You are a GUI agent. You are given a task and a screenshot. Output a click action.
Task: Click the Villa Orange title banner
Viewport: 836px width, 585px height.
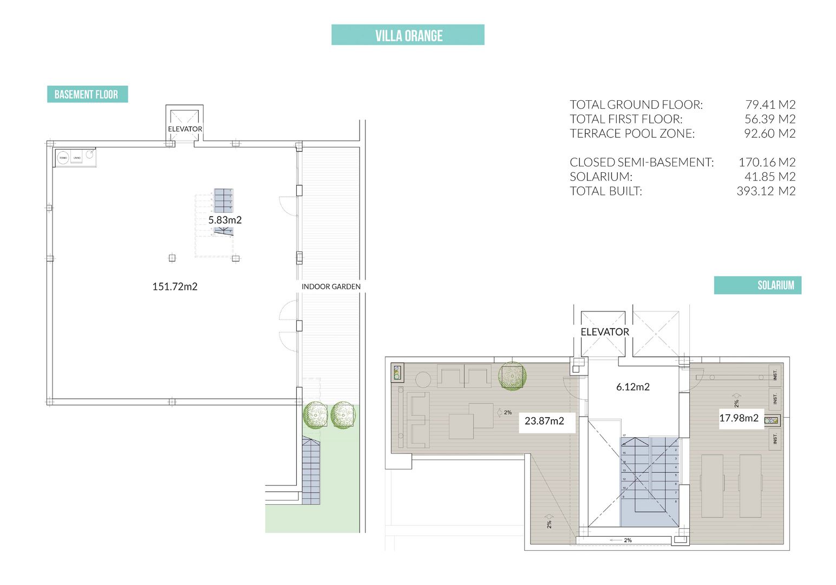[408, 35]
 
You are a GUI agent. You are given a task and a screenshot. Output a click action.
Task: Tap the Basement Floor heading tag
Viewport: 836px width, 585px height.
[87, 94]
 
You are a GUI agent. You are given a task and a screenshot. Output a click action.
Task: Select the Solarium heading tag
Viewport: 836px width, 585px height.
[757, 285]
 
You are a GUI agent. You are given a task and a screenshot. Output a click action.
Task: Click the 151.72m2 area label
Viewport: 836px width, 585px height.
[175, 287]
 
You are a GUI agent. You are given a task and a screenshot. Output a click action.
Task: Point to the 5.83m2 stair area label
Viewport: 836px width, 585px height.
[225, 220]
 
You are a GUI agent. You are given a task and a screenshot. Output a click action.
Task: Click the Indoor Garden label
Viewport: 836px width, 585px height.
[331, 287]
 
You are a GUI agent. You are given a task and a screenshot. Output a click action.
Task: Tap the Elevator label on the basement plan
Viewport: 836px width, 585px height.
[185, 129]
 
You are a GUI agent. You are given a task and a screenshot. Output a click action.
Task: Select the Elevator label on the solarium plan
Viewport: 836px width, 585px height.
[604, 332]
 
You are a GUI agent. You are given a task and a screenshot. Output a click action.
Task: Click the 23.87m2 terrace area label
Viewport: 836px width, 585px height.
[544, 421]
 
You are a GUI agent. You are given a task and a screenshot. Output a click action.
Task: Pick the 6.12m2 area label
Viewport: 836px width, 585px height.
[632, 387]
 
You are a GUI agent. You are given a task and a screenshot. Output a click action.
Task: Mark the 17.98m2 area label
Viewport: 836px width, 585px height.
[739, 418]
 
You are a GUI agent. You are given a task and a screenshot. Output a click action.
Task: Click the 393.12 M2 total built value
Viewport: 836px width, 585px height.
[766, 191]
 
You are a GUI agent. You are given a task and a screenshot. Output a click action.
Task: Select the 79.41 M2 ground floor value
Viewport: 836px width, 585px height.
[770, 105]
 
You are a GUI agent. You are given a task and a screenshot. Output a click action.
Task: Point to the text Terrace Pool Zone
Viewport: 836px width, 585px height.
[632, 133]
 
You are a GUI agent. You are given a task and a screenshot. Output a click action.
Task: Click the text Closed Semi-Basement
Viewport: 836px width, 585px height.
[642, 162]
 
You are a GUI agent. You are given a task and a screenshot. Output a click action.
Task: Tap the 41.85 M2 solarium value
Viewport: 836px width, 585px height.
[769, 177]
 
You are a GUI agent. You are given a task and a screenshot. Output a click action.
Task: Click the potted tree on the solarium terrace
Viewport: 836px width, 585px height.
[512, 375]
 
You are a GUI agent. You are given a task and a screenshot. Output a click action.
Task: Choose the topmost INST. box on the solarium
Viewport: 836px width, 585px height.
[775, 374]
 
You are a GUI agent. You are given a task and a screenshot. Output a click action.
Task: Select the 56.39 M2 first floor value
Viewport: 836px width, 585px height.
[769, 119]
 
